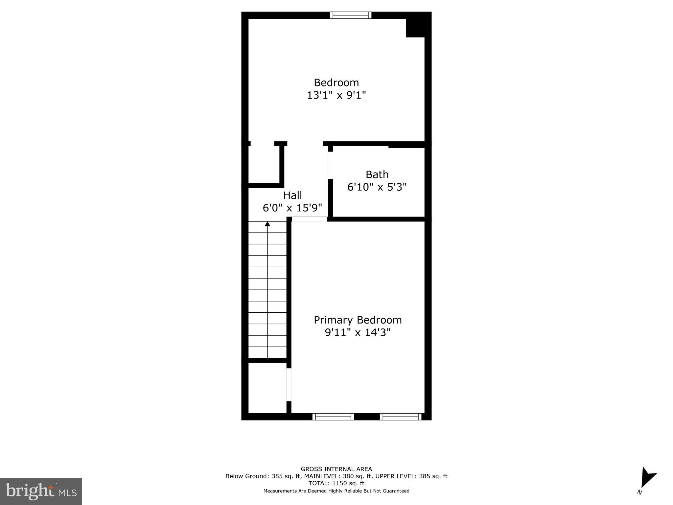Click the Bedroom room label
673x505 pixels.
click(x=336, y=83)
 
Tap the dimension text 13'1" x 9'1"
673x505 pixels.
click(x=336, y=95)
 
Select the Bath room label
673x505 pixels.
click(x=377, y=174)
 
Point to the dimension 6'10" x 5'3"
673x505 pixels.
click(x=377, y=187)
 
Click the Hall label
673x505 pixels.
click(x=292, y=195)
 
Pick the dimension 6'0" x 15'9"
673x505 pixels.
click(x=292, y=208)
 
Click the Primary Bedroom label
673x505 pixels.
click(x=358, y=320)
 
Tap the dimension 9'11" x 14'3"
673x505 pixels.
click(x=358, y=333)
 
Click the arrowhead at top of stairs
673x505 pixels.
click(x=267, y=224)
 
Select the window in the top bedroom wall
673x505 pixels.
click(x=351, y=15)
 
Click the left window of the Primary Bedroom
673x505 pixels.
click(x=333, y=417)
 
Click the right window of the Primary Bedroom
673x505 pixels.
click(x=401, y=417)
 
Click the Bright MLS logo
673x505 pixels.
click(x=41, y=491)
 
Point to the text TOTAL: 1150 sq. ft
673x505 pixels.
click(x=336, y=483)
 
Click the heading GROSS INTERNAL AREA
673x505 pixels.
click(x=336, y=469)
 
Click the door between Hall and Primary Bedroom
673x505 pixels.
click(x=309, y=219)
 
